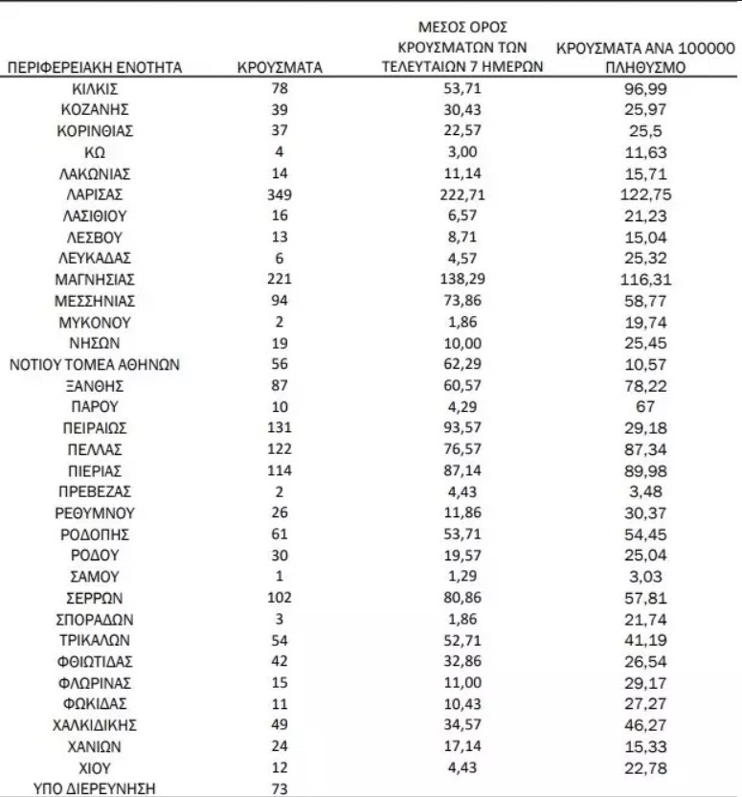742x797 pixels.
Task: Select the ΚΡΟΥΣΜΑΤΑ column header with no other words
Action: tap(280, 68)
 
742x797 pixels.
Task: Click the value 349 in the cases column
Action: tap(280, 194)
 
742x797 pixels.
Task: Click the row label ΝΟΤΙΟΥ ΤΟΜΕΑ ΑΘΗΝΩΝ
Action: tap(94, 364)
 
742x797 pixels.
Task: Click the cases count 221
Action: tap(280, 280)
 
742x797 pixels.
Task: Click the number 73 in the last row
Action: tap(280, 788)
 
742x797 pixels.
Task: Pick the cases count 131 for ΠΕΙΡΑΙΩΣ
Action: tap(280, 428)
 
